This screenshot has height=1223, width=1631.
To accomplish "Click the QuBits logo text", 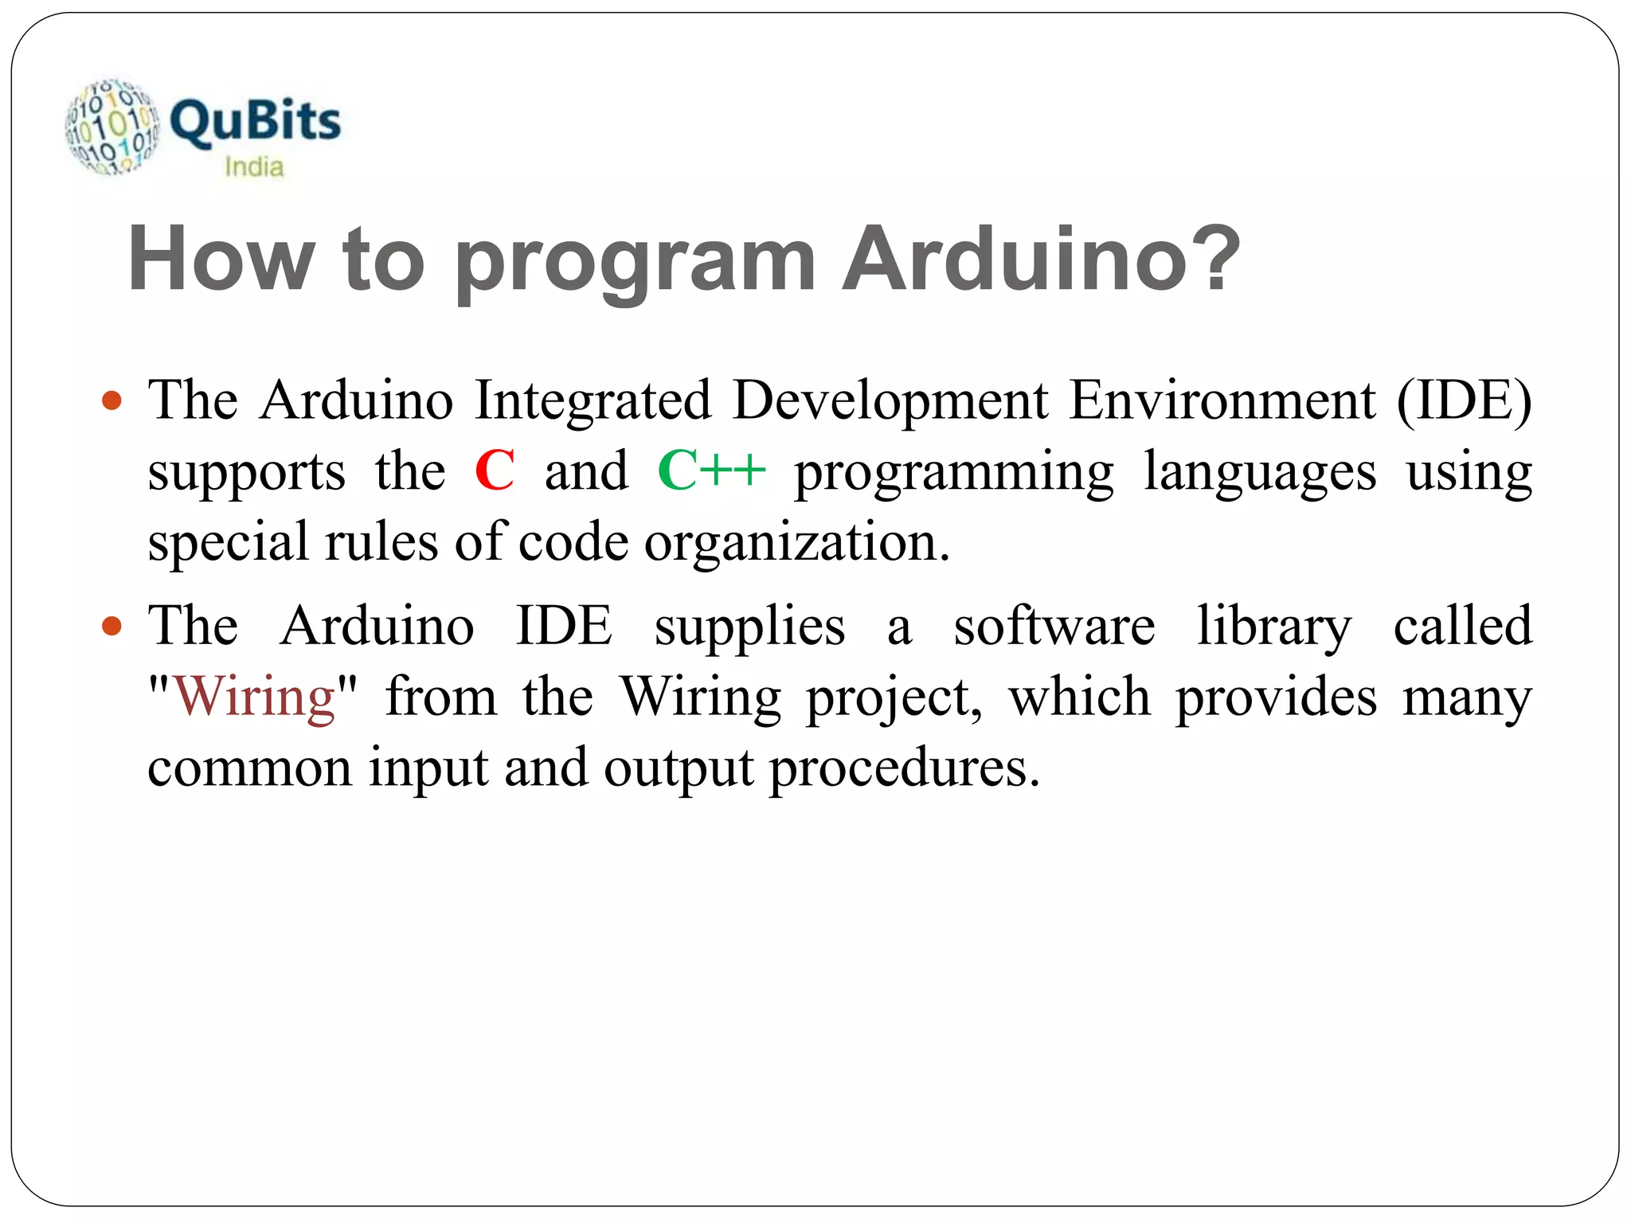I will [255, 122].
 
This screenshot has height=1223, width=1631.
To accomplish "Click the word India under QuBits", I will [254, 167].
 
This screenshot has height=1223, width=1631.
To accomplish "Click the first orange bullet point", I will [112, 400].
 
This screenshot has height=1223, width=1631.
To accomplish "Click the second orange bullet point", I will [112, 626].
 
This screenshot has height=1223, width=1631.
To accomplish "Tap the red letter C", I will [494, 471].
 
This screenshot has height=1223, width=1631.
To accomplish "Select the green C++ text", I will [711, 471].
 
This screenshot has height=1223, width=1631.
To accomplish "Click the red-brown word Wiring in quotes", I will [254, 697].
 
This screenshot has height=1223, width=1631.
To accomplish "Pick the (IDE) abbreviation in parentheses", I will [1464, 400].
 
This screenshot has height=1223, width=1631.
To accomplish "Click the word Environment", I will [1222, 400].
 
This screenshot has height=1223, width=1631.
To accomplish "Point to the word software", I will [1054, 626].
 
